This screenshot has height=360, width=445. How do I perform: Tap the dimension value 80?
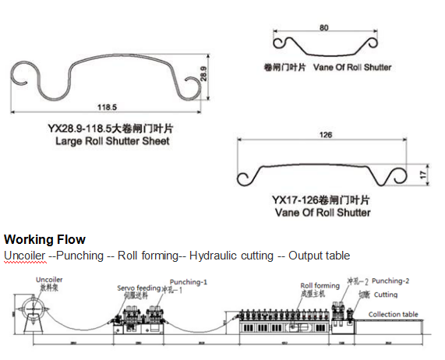(323, 28)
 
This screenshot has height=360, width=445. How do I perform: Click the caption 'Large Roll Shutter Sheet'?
(112, 142)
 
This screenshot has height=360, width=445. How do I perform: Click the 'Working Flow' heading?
(44, 239)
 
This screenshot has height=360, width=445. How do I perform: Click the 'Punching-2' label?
(391, 280)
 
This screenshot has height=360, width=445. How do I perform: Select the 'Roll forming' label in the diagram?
(320, 286)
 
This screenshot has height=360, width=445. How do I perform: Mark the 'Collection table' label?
(394, 314)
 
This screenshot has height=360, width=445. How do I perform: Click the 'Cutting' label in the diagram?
(386, 295)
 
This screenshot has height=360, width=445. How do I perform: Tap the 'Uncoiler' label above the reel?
(49, 279)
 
